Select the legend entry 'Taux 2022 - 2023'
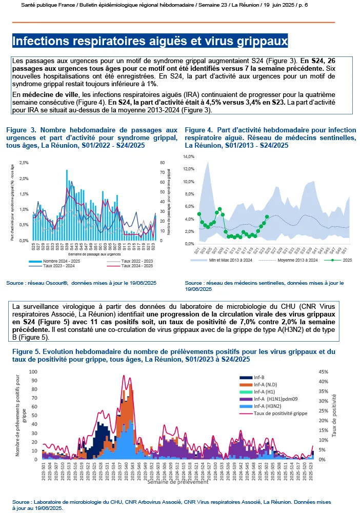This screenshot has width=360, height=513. pyautogui.click(x=138, y=261)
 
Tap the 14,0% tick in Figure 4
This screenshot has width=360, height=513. pyautogui.click(x=189, y=156)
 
